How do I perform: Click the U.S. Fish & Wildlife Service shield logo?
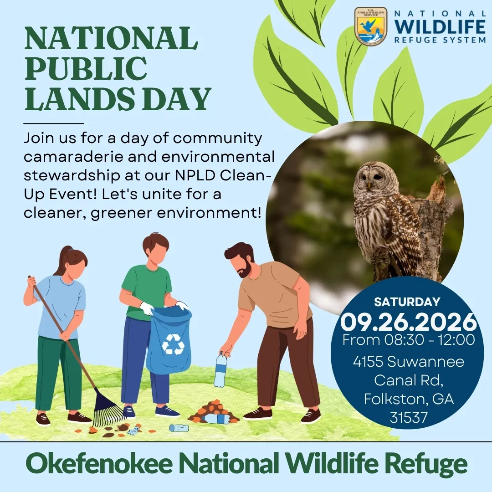point(370,27)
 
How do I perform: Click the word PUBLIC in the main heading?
point(86,68)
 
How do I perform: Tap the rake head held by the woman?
point(108,409)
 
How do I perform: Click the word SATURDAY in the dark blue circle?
point(407,302)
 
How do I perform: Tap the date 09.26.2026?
point(408,322)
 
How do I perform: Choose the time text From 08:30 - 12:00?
point(408,340)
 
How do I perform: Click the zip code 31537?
point(409,418)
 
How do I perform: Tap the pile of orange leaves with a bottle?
point(214,412)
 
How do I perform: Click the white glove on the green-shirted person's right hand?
point(147,308)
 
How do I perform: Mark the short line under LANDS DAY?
point(54,123)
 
